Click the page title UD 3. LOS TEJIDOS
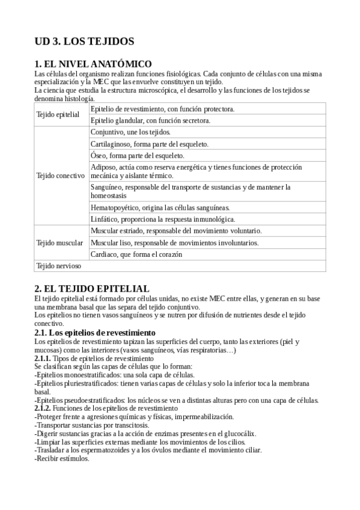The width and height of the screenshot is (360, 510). [84, 41]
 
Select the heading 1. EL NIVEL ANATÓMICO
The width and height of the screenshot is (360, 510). [93, 64]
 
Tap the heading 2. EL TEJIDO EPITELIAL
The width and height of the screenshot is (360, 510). [91, 289]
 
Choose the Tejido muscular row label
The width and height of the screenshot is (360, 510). [59, 242]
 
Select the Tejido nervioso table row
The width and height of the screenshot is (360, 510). [58, 265]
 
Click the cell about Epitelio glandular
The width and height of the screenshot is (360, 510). [150, 120]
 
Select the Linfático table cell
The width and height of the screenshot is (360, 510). [162, 219]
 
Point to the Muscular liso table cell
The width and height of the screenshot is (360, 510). [174, 242]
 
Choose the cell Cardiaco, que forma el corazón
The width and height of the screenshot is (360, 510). [145, 254]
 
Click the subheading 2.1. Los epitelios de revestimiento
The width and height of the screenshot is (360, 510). [95, 333]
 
